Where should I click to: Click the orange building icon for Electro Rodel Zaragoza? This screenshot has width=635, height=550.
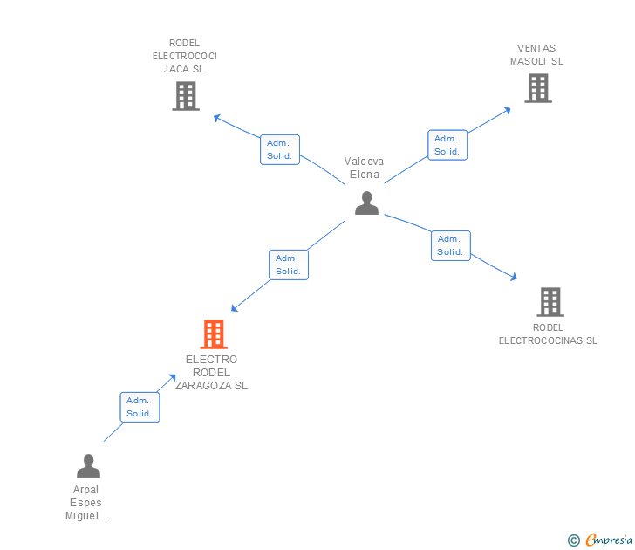tap(214, 334)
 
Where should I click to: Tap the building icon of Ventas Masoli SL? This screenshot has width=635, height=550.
tap(538, 88)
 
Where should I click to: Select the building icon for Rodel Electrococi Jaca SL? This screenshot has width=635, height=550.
tap(186, 96)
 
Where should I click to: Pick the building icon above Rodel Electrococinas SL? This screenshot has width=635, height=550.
tap(550, 302)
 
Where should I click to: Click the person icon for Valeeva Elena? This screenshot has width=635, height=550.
tap(366, 203)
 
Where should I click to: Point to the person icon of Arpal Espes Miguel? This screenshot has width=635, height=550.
tap(88, 465)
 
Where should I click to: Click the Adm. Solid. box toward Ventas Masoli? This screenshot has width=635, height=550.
tap(447, 145)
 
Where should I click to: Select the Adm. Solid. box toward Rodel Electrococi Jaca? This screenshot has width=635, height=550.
tap(280, 149)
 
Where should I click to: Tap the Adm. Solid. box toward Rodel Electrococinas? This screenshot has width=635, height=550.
tap(450, 245)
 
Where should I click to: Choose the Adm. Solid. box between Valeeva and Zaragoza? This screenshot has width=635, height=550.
tap(288, 265)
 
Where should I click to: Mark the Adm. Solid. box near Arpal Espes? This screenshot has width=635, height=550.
tap(140, 407)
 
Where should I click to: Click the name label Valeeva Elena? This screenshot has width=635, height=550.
tap(364, 168)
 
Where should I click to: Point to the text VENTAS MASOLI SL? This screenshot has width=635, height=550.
tap(536, 55)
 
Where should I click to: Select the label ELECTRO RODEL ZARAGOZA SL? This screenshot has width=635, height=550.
tap(211, 373)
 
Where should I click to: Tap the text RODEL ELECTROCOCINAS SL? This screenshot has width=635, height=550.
tap(548, 334)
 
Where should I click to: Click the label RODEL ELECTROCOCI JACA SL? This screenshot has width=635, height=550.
tap(185, 56)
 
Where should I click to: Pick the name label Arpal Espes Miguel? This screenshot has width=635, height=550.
tap(86, 503)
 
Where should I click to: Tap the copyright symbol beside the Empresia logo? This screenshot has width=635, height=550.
tap(574, 540)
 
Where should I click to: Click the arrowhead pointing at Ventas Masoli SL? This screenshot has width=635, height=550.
tap(508, 110)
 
